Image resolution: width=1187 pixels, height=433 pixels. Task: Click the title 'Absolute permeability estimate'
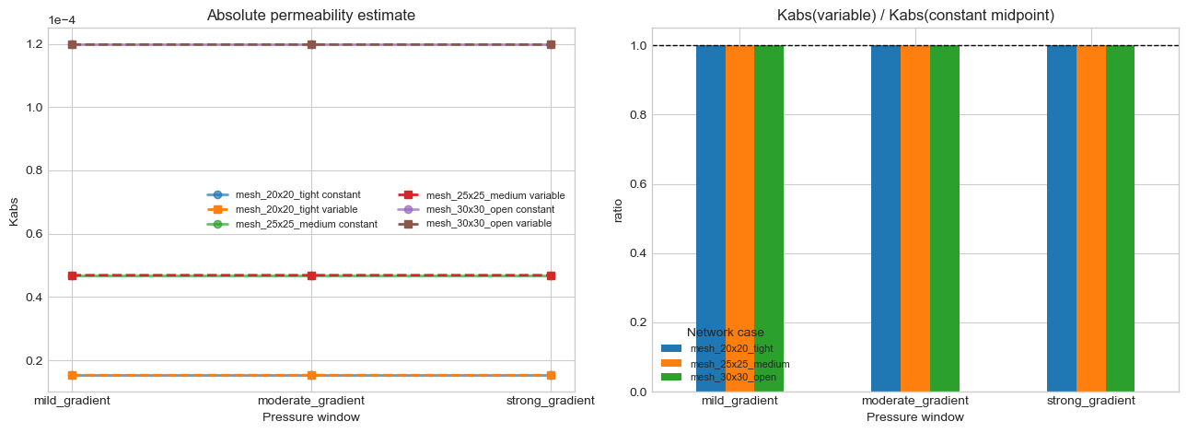[310, 15]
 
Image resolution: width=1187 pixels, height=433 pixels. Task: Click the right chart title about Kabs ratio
[914, 15]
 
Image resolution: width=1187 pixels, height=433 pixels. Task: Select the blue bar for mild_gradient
[710, 218]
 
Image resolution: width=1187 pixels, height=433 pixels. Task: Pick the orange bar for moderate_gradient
[914, 218]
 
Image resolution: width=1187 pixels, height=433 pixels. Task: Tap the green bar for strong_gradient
[1120, 218]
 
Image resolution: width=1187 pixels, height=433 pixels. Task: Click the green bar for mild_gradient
[768, 218]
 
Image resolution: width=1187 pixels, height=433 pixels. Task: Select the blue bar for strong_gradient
[1061, 218]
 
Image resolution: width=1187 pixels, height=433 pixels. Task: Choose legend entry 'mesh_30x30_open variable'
[489, 223]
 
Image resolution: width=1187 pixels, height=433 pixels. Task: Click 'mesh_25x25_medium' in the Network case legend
[739, 363]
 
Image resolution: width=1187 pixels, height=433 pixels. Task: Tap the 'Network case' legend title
[725, 333]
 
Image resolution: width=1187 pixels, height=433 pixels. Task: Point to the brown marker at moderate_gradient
[311, 44]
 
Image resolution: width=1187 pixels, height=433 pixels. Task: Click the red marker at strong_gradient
[551, 275]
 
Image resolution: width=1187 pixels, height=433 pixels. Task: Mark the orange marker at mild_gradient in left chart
[72, 375]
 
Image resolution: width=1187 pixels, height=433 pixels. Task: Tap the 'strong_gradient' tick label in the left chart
[551, 401]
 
